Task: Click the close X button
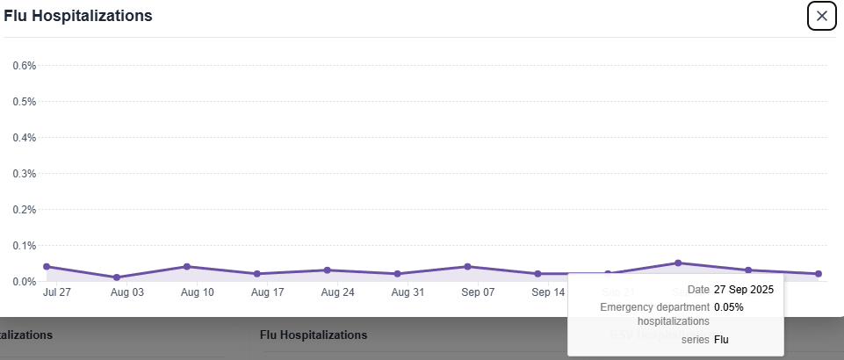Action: [x=821, y=16]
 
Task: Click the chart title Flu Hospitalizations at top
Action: [x=78, y=16]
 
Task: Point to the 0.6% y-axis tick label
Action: [x=24, y=65]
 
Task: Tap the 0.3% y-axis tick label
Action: [x=24, y=173]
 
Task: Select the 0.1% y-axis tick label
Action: [x=24, y=245]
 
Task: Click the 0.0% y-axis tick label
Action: [x=24, y=281]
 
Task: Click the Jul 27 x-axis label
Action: [x=56, y=292]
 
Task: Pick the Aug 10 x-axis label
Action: [x=198, y=292]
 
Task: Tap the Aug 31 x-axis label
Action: [x=408, y=292]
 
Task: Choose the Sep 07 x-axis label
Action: [x=478, y=292]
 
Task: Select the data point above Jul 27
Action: [x=47, y=267]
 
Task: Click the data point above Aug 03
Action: [x=117, y=277]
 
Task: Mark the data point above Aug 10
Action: [x=187, y=267]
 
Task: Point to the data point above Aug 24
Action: [x=327, y=270]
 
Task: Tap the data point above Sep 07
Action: [x=467, y=267]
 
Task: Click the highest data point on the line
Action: [x=678, y=263]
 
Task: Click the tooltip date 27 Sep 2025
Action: [x=744, y=290]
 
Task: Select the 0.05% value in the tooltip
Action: [x=729, y=307]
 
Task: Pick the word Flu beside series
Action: [x=721, y=339]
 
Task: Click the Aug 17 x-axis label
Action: [x=267, y=292]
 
